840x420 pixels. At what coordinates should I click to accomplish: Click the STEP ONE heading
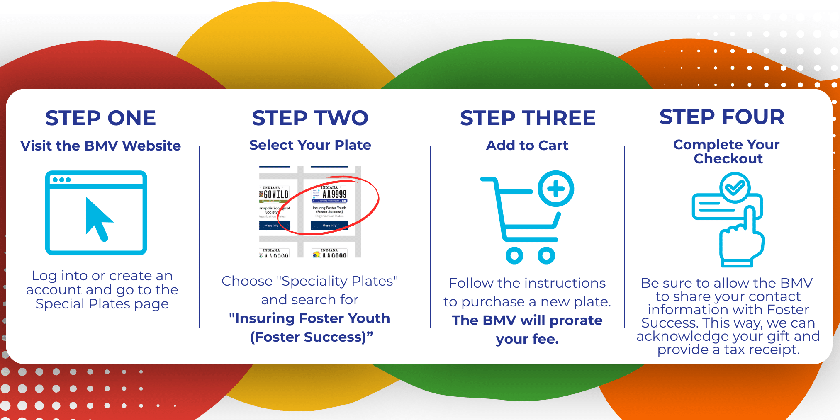[101, 118]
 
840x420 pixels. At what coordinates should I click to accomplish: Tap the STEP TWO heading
[310, 118]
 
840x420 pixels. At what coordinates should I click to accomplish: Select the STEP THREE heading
[528, 118]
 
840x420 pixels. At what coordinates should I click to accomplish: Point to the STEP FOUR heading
[722, 117]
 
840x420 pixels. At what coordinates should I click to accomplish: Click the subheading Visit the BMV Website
[101, 146]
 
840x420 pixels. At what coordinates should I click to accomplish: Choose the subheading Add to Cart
[527, 146]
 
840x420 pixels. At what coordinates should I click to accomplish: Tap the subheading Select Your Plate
[310, 145]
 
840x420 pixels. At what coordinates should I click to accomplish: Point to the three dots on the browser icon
[62, 180]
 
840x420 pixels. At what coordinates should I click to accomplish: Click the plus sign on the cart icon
[556, 189]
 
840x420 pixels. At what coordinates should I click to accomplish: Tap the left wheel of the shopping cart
[514, 255]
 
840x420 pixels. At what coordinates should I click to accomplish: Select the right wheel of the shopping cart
[546, 255]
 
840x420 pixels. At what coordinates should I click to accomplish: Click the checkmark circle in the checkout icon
[735, 188]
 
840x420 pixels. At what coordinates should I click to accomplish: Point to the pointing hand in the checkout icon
[741, 238]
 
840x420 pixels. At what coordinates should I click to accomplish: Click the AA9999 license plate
[330, 194]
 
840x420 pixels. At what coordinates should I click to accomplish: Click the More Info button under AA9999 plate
[329, 226]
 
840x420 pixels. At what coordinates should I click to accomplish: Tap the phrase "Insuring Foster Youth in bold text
[309, 318]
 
